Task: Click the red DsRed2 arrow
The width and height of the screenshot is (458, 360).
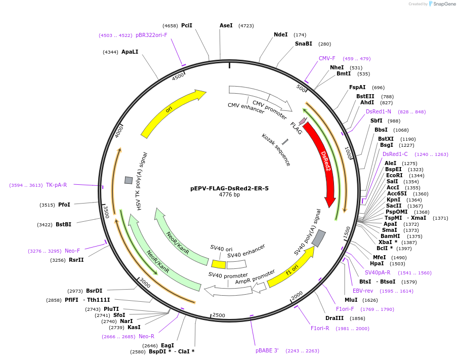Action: pyautogui.click(x=324, y=162)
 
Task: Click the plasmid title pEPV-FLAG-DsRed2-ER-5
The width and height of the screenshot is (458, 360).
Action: pyautogui.click(x=229, y=188)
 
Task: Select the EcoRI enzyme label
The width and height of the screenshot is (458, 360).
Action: pyautogui.click(x=394, y=175)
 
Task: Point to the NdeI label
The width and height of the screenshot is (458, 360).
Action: pyautogui.click(x=280, y=35)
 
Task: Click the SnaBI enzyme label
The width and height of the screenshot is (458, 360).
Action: pyautogui.click(x=304, y=44)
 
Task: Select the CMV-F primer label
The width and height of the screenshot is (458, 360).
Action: pyautogui.click(x=327, y=58)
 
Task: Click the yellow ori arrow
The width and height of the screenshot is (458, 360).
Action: pyautogui.click(x=172, y=114)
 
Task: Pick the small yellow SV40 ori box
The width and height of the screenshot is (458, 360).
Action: pyautogui.click(x=219, y=264)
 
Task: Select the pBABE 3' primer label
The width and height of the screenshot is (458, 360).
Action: pyautogui.click(x=267, y=350)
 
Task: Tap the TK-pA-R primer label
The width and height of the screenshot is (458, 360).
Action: pyautogui.click(x=56, y=185)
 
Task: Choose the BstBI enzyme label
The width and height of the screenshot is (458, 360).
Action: pyautogui.click(x=63, y=224)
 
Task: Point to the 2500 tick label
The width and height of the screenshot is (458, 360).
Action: pyautogui.click(x=219, y=315)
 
